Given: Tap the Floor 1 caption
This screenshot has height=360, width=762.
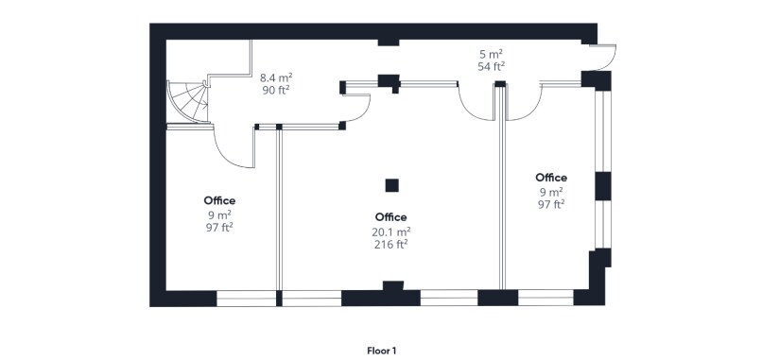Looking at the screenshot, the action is tap(381, 350).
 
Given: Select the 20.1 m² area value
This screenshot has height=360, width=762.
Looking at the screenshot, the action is tap(390, 231).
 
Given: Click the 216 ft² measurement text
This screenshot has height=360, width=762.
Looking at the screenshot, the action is tap(390, 244).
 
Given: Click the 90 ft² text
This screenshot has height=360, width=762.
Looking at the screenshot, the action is tap(275, 91).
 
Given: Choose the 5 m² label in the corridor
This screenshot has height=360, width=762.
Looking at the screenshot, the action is tap(490, 55).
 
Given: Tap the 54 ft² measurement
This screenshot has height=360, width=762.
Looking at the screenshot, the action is tap(490, 67).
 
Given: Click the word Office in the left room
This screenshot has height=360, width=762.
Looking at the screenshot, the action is tap(219, 200).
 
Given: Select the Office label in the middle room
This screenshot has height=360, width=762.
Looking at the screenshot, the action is tap(390, 217).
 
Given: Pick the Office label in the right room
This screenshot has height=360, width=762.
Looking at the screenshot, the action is tap(551, 178).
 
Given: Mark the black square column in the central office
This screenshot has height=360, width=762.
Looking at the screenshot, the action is tap(391, 185).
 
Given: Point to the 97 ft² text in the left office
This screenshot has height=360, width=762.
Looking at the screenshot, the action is tap(219, 227).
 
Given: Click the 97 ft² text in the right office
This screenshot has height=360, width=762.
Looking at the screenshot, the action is tap(551, 204).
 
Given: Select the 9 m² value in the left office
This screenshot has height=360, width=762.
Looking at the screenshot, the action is tap(219, 214).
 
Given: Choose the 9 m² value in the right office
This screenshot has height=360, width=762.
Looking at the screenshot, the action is tap(551, 191).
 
